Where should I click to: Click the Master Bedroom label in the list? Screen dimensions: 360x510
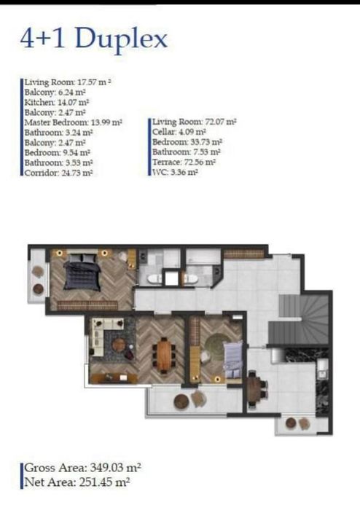coord(56,122)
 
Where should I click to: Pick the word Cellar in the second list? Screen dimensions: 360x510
coord(163,132)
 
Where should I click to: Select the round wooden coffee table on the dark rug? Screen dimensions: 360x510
coord(118,345)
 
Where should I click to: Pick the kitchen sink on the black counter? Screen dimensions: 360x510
coord(322,369)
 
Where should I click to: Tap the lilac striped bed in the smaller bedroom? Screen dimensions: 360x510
coord(233,359)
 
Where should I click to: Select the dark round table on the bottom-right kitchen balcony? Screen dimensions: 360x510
coord(291,423)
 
